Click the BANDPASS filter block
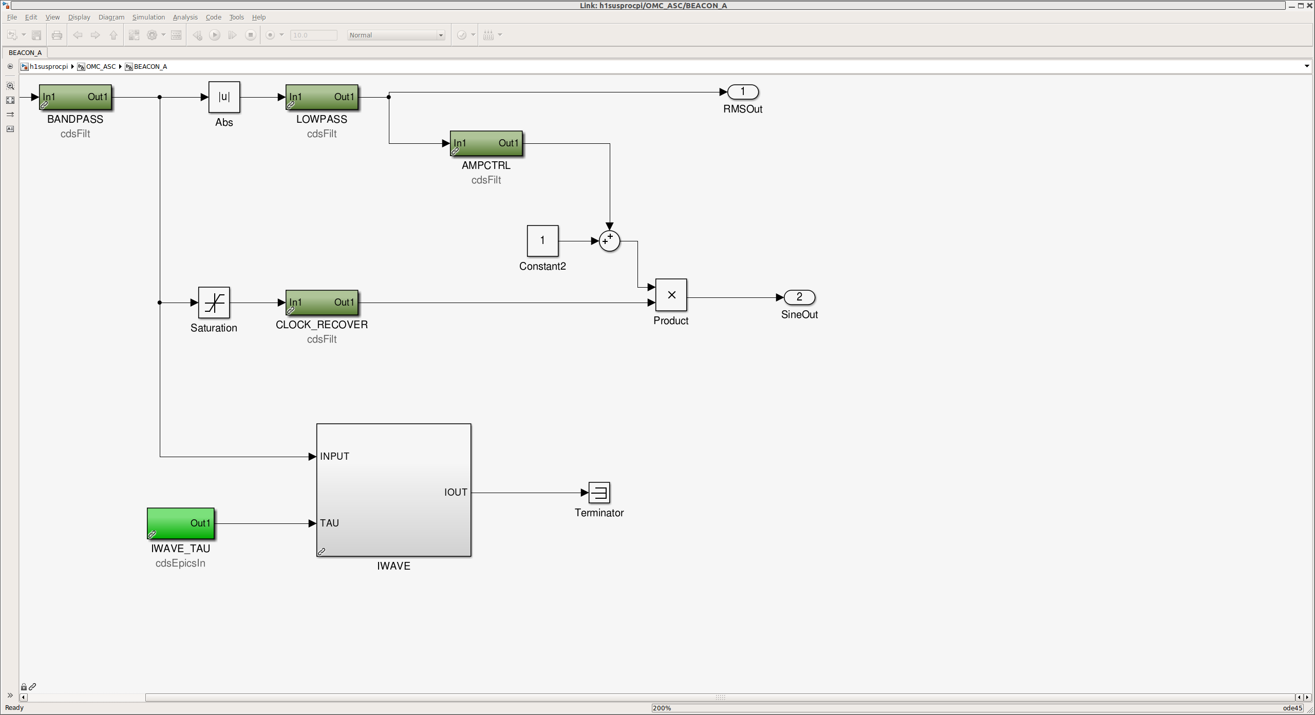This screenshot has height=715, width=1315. coord(76,97)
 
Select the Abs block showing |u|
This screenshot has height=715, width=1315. coord(224,97)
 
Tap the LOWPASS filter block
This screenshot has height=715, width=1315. coord(322,97)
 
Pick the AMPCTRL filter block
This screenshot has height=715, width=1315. coord(486,143)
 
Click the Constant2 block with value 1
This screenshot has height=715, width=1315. coord(542,241)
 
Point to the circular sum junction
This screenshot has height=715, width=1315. coord(610,241)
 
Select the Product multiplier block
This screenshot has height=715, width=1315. coord(671,295)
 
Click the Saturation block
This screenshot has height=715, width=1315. coord(214,303)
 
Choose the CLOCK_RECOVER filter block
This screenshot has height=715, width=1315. coord(322,303)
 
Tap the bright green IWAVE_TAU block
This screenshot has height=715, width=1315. coord(181,523)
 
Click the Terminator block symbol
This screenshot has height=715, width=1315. coord(599,493)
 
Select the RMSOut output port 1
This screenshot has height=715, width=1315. coord(743,92)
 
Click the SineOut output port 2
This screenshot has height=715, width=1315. coord(799,297)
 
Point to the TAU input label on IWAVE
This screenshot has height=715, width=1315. coord(329,523)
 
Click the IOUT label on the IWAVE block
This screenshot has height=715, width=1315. coord(456,492)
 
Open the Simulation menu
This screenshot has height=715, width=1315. coord(148,17)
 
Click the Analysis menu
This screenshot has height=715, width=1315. coord(185,17)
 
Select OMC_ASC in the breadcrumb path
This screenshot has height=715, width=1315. coord(101,67)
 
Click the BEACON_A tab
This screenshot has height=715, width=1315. coord(25,52)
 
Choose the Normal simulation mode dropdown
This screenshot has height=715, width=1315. coord(396,35)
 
